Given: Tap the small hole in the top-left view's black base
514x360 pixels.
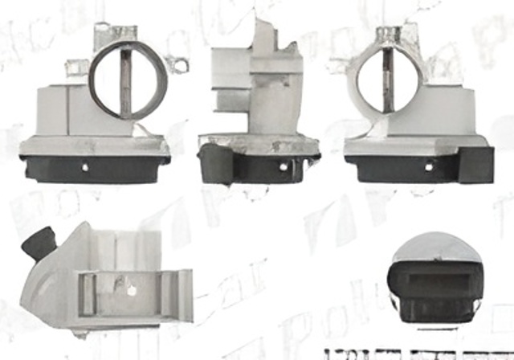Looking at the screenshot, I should click(87, 167).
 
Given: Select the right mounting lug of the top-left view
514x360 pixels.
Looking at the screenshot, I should click(182, 62).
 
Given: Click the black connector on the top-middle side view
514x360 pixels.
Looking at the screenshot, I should click(215, 163).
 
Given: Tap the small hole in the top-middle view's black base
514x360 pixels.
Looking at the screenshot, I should click(283, 166).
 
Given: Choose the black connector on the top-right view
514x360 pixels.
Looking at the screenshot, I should click(476, 164).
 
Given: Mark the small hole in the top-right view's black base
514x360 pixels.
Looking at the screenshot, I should click(428, 166).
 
